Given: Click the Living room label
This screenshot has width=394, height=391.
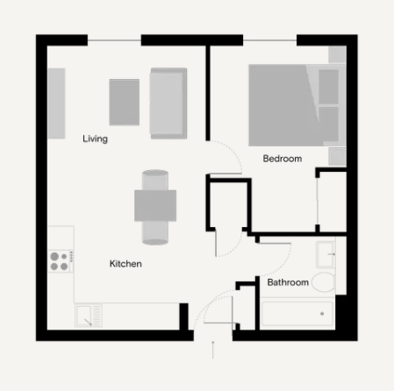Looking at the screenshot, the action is tap(95, 139).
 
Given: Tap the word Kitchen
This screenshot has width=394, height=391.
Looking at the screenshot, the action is tap(125, 264).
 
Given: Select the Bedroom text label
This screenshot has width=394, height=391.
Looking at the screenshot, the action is tap(283, 159).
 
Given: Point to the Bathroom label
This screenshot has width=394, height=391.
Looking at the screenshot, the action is tap(288, 282).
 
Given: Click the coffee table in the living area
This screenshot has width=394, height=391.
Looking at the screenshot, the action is tap(125, 102).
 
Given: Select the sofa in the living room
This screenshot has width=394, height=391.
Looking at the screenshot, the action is tap(168, 103).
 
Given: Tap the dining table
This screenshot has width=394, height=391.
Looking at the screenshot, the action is tap(155, 205).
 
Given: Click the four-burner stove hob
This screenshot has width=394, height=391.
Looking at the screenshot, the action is tap(61, 261).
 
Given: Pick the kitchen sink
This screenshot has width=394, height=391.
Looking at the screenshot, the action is tap(89, 316).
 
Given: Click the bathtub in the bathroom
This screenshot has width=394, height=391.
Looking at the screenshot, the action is tap(297, 314).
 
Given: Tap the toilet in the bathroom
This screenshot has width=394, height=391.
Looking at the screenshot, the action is tap(324, 282).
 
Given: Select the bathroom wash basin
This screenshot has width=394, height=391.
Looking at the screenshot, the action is tap(326, 254).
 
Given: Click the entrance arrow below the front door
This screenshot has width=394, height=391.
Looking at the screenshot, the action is tap(213, 350).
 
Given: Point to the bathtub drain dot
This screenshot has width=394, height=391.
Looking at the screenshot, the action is tap(322, 314).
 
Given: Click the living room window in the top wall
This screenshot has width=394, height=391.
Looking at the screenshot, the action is tap(114, 40).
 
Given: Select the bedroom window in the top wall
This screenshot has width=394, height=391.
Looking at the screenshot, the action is tap(269, 40).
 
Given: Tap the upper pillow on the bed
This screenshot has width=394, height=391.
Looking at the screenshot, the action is tap(328, 87).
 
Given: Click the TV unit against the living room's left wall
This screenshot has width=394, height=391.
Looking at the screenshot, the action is tap(56, 103).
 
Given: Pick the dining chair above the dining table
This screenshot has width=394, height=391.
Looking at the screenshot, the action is tap(155, 180).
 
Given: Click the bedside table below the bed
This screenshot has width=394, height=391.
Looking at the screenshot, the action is tap(337, 157).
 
